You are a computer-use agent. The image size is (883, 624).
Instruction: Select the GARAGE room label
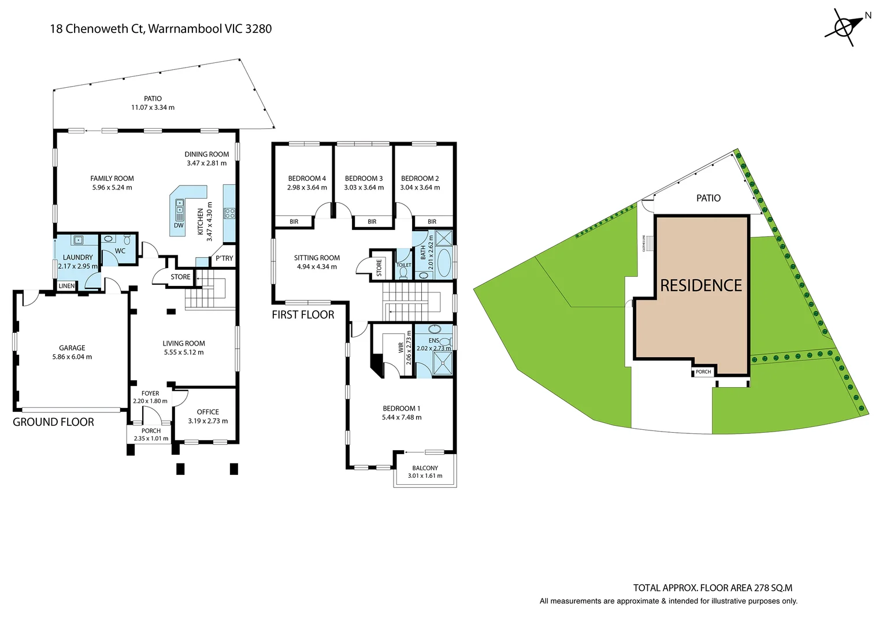pyautogui.click(x=72, y=348)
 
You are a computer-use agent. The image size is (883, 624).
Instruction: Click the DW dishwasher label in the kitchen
pyautogui.click(x=179, y=225)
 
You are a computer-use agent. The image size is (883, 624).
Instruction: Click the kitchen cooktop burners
pyautogui.click(x=229, y=213)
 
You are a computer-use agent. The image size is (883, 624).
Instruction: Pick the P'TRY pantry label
pyautogui.click(x=224, y=258)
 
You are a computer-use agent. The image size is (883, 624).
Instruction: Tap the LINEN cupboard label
pyautogui.click(x=66, y=286)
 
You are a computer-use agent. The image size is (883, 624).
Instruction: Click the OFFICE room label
pyautogui.click(x=207, y=412)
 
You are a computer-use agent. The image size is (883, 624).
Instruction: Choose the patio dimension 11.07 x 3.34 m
pyautogui.click(x=153, y=107)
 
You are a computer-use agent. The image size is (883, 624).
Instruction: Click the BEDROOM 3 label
pyautogui.click(x=364, y=179)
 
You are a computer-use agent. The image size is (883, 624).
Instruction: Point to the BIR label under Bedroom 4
pyautogui.click(x=294, y=221)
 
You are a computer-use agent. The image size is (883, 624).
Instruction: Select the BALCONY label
pyautogui.click(x=425, y=468)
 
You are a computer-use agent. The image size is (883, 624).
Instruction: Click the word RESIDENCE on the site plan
pyautogui.click(x=701, y=285)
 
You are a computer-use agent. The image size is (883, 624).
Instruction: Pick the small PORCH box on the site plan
pyautogui.click(x=703, y=372)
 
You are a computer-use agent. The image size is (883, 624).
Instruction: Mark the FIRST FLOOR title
pyautogui.click(x=303, y=314)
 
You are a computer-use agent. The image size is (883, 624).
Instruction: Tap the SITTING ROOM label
pyautogui.click(x=317, y=258)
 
